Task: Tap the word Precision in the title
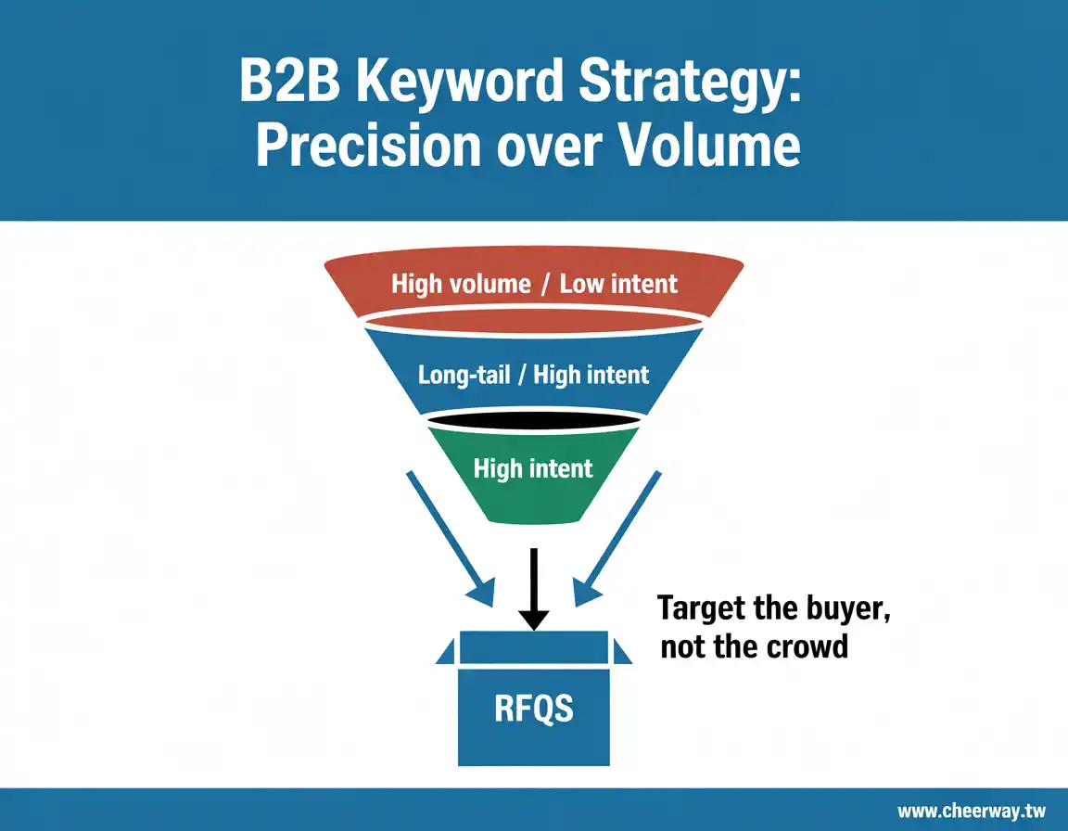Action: (368, 146)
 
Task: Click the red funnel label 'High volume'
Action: (461, 284)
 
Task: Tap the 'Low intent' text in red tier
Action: (618, 284)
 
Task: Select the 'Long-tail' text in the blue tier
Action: (464, 376)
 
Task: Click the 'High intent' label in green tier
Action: (533, 468)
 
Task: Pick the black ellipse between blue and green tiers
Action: (533, 420)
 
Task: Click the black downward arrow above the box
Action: (533, 589)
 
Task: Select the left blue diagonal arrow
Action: (451, 538)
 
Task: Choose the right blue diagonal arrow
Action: (617, 538)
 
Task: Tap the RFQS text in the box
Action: (534, 709)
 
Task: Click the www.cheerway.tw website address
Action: (972, 812)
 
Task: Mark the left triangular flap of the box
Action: (447, 653)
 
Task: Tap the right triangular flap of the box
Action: (620, 653)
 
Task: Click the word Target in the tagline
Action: (702, 608)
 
